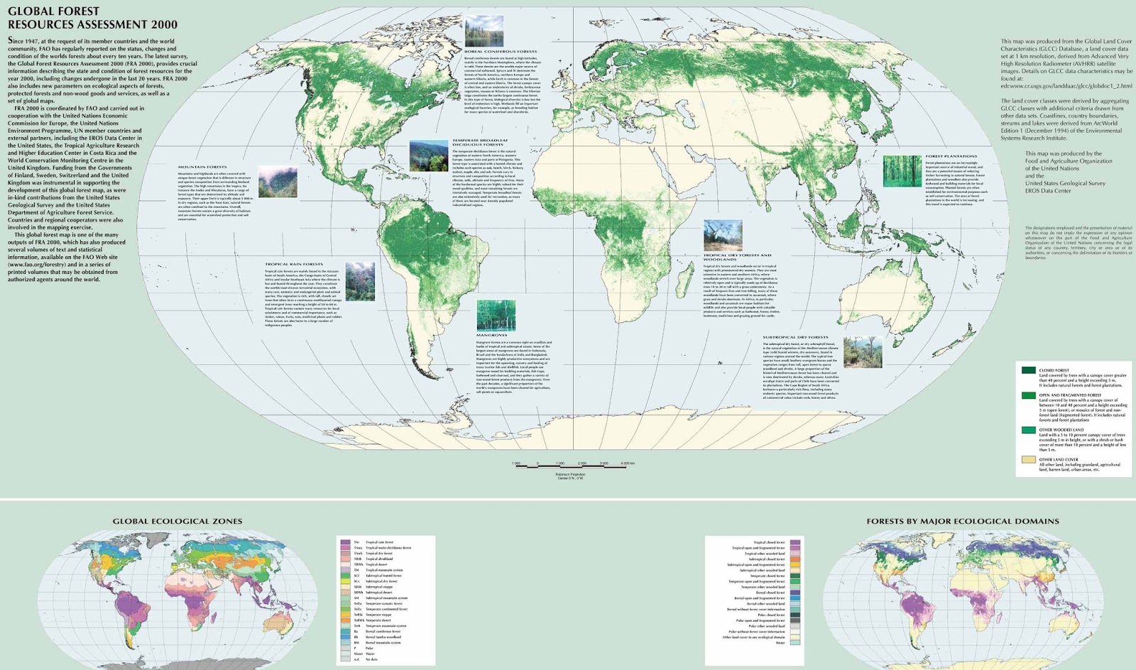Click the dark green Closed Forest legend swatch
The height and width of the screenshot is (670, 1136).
[x=1027, y=370]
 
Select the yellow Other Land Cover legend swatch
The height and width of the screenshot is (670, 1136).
[x=1027, y=459]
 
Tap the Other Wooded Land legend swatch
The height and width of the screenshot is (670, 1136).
[x=1027, y=430]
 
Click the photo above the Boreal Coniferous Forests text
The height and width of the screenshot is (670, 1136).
[x=484, y=31]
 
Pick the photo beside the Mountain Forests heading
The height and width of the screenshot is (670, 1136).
[x=278, y=182]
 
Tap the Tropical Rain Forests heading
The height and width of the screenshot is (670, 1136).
[x=293, y=264]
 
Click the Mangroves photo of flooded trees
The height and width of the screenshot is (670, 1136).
[x=496, y=315]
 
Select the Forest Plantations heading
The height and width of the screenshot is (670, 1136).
[x=951, y=156]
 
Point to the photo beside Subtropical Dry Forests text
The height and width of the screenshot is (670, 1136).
[x=862, y=353]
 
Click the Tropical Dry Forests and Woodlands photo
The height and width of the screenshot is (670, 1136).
[x=722, y=235]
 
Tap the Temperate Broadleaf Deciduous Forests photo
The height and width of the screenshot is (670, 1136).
[x=428, y=155]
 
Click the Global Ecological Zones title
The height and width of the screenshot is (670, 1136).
[x=177, y=521]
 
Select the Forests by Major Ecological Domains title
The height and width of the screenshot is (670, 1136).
[x=962, y=521]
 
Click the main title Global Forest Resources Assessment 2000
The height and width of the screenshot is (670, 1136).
[x=92, y=18]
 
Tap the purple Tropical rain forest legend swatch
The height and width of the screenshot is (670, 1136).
[x=345, y=542]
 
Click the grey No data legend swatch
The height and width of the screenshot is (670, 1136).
[x=345, y=659]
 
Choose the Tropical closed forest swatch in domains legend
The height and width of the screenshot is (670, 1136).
[x=794, y=542]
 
